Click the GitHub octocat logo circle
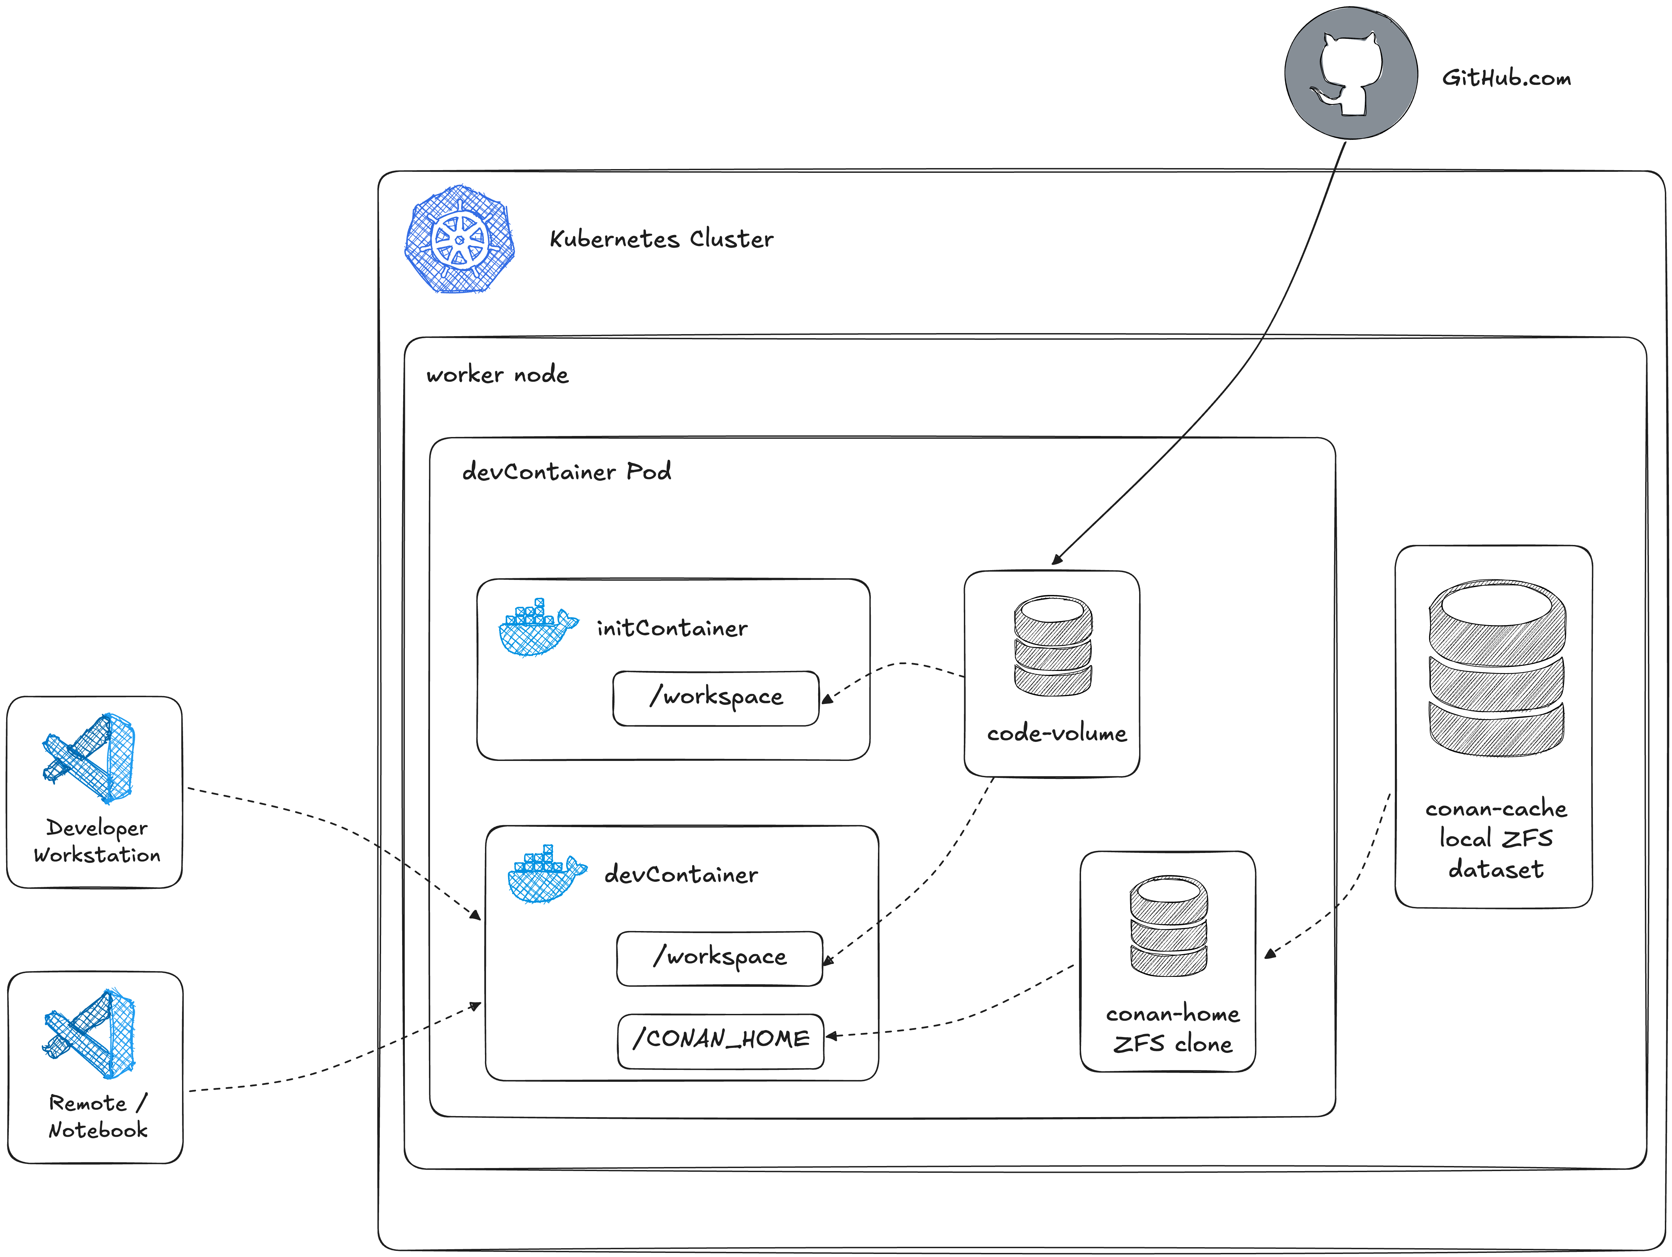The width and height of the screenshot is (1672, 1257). click(1351, 73)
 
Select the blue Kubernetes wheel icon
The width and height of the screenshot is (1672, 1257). click(460, 239)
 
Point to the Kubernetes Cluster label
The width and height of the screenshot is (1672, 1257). click(661, 239)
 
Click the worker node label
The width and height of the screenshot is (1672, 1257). click(497, 374)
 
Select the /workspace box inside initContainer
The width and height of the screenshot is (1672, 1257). click(716, 698)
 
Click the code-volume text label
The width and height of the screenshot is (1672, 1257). click(1056, 733)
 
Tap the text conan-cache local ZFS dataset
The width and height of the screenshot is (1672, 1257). click(1496, 839)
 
